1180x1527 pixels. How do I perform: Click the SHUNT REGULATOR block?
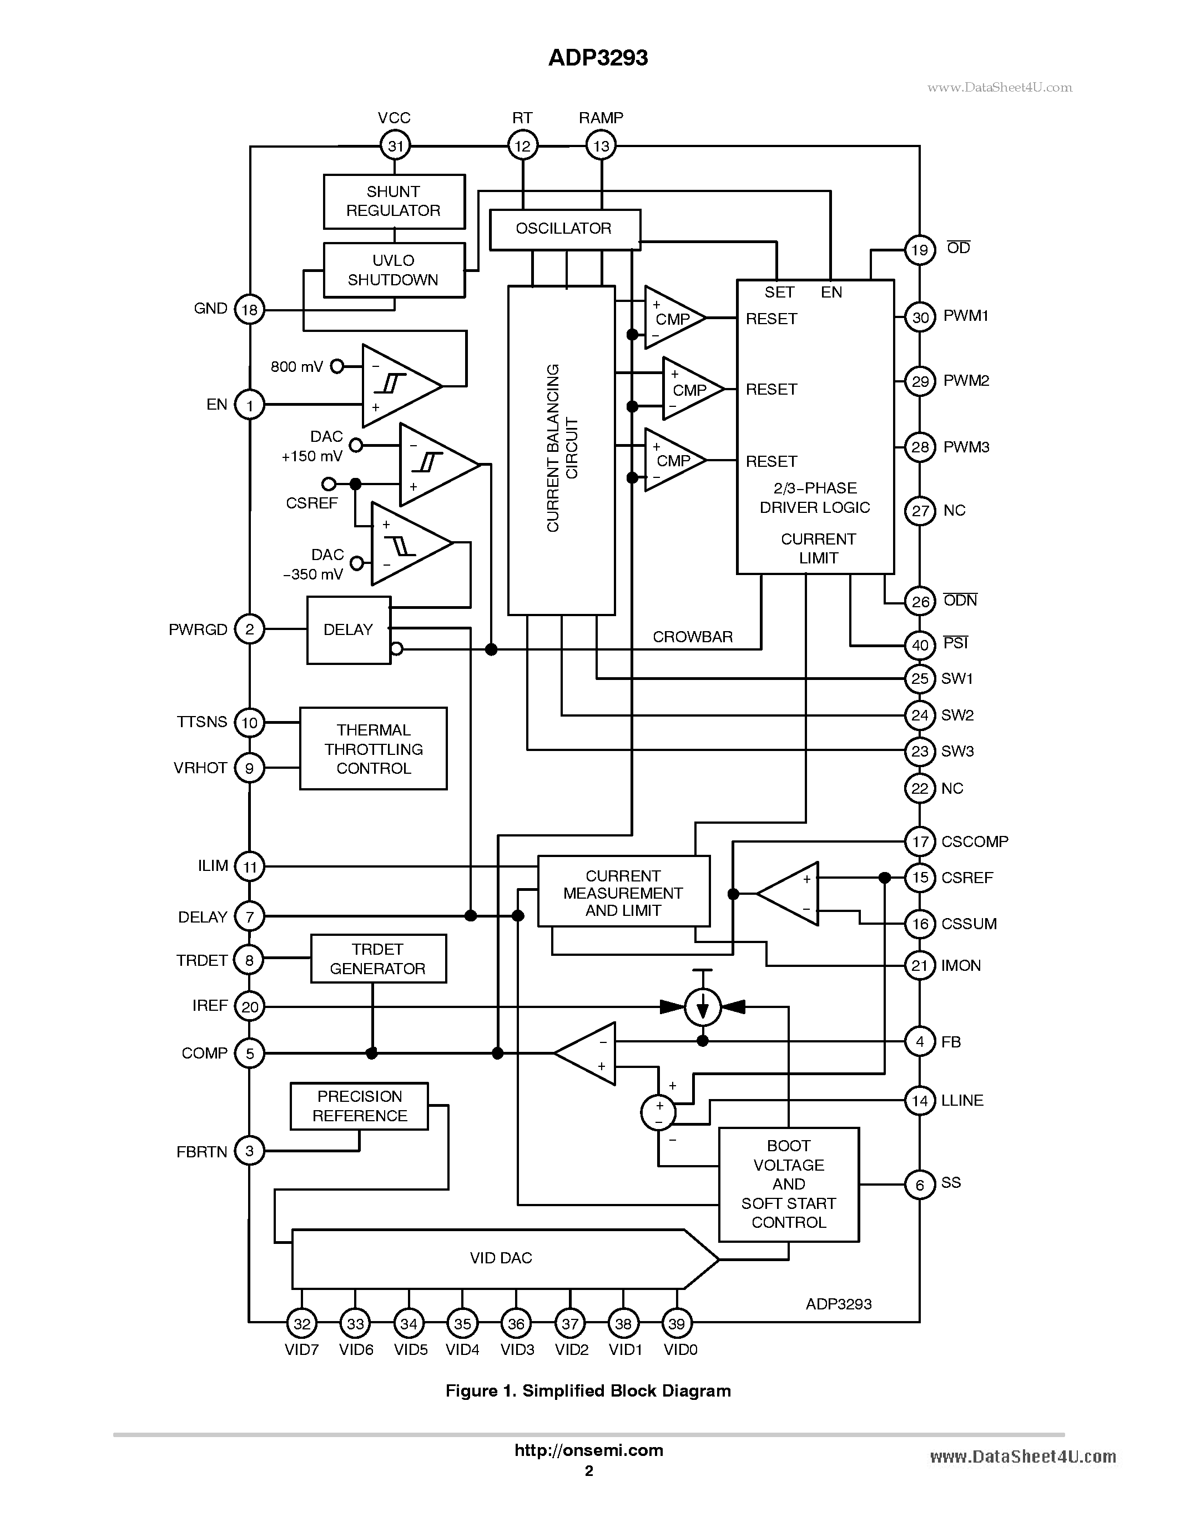click(x=394, y=201)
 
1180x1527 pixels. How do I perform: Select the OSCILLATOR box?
click(x=564, y=229)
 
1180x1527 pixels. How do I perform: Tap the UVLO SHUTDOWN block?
click(x=394, y=270)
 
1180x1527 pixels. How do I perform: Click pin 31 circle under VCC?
click(x=395, y=145)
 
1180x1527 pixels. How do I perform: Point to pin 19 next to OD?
click(x=919, y=250)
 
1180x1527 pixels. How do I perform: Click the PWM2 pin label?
click(x=966, y=381)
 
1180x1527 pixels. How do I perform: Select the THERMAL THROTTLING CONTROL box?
click(x=374, y=749)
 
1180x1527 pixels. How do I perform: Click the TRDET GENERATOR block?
click(x=377, y=959)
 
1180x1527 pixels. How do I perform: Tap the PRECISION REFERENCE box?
click(x=359, y=1106)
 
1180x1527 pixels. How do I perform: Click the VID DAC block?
click(x=500, y=1258)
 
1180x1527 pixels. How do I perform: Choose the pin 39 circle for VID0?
click(x=676, y=1323)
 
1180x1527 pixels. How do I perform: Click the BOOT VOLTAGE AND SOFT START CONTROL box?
click(x=789, y=1185)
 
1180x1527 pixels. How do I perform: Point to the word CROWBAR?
click(x=692, y=637)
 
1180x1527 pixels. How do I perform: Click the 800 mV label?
click(x=296, y=366)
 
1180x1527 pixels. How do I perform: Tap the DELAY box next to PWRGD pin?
click(x=348, y=630)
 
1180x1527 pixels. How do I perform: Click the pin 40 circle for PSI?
click(x=919, y=644)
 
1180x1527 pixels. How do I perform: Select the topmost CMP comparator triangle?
click(x=672, y=318)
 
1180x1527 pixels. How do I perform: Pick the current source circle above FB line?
click(x=703, y=1007)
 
